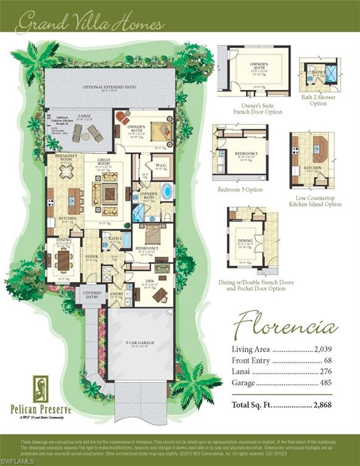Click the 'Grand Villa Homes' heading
90,24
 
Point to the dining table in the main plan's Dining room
63,260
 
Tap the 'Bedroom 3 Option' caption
240,189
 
